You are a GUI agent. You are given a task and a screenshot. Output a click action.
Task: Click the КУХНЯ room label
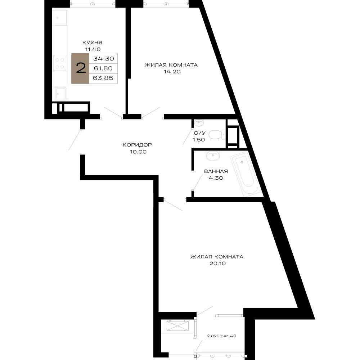(x=92, y=43)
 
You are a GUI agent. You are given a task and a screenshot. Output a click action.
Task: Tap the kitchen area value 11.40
(x=93, y=49)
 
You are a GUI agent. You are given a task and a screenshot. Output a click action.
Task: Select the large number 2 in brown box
(x=81, y=68)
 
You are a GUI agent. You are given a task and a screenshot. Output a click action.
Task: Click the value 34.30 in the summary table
(x=104, y=59)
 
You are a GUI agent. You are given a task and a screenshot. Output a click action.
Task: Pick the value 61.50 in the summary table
(x=103, y=68)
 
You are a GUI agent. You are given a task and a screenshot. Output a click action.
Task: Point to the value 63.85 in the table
(x=103, y=78)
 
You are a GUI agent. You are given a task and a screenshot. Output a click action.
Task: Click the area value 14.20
(x=172, y=71)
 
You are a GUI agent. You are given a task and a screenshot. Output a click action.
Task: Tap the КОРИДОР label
(x=137, y=145)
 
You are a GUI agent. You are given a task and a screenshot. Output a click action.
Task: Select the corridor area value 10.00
(x=138, y=152)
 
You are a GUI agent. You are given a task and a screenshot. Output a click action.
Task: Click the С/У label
(x=200, y=133)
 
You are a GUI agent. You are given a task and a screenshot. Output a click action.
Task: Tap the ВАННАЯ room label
(x=216, y=171)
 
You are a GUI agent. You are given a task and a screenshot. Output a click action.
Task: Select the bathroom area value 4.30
(x=216, y=178)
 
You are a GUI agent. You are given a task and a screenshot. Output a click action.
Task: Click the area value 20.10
(x=217, y=264)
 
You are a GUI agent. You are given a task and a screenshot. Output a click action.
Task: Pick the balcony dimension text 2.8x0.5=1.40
(x=221, y=336)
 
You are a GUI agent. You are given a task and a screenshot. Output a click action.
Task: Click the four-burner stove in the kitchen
(x=60, y=63)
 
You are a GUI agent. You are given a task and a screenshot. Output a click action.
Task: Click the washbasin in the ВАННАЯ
(x=213, y=156)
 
